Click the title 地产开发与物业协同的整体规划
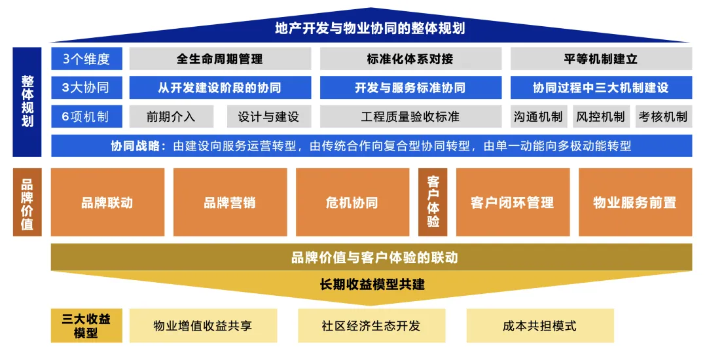(x=370, y=28)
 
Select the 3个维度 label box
(x=86, y=59)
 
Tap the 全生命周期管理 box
(x=220, y=59)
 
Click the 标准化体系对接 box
(x=410, y=59)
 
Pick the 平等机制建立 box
(x=601, y=59)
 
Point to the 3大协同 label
(x=86, y=88)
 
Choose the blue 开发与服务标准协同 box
(x=410, y=88)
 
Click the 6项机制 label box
(x=86, y=117)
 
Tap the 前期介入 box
(x=171, y=117)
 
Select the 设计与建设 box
(x=268, y=117)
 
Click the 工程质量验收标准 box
(x=410, y=117)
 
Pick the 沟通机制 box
(x=538, y=117)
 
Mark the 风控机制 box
(x=600, y=117)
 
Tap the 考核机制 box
(x=663, y=117)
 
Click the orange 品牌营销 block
(x=230, y=202)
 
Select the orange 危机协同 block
(x=352, y=202)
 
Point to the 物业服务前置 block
(x=635, y=202)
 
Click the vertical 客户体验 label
(x=433, y=202)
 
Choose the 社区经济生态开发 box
(x=371, y=325)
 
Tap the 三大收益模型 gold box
(x=86, y=325)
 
